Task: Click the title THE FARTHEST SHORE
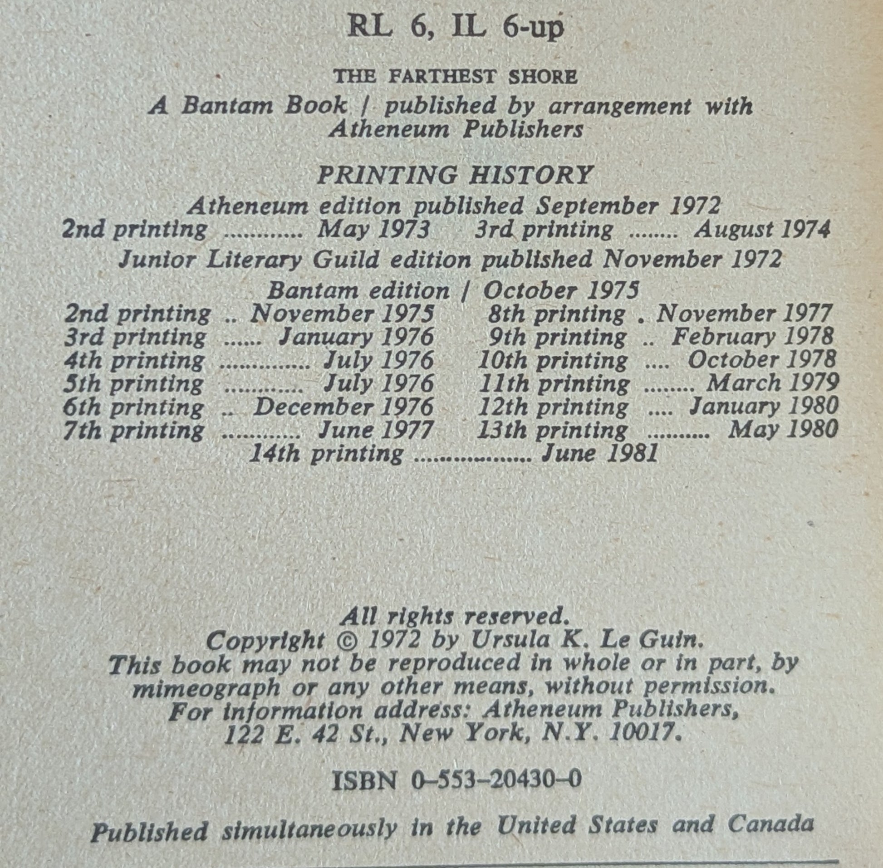[455, 77]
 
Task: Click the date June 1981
[599, 454]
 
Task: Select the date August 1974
[761, 230]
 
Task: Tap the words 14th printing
[326, 454]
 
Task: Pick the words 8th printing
[556, 314]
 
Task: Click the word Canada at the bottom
[770, 824]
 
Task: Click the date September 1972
[628, 206]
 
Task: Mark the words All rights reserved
[455, 617]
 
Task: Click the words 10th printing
[553, 361]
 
